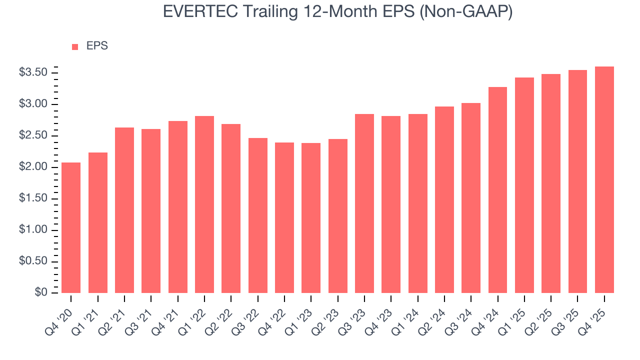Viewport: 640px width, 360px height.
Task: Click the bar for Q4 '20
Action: tap(71, 227)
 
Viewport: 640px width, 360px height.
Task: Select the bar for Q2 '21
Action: tap(124, 210)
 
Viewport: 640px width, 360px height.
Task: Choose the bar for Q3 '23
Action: tap(364, 203)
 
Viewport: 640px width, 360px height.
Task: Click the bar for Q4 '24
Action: tap(497, 190)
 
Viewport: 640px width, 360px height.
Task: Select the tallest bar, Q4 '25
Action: tap(604, 179)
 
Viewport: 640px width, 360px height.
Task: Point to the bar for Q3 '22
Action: tap(257, 215)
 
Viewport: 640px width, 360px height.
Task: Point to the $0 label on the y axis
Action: tap(40, 292)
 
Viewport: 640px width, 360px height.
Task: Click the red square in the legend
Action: tap(75, 46)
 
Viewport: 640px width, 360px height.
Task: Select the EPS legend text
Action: tap(97, 46)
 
